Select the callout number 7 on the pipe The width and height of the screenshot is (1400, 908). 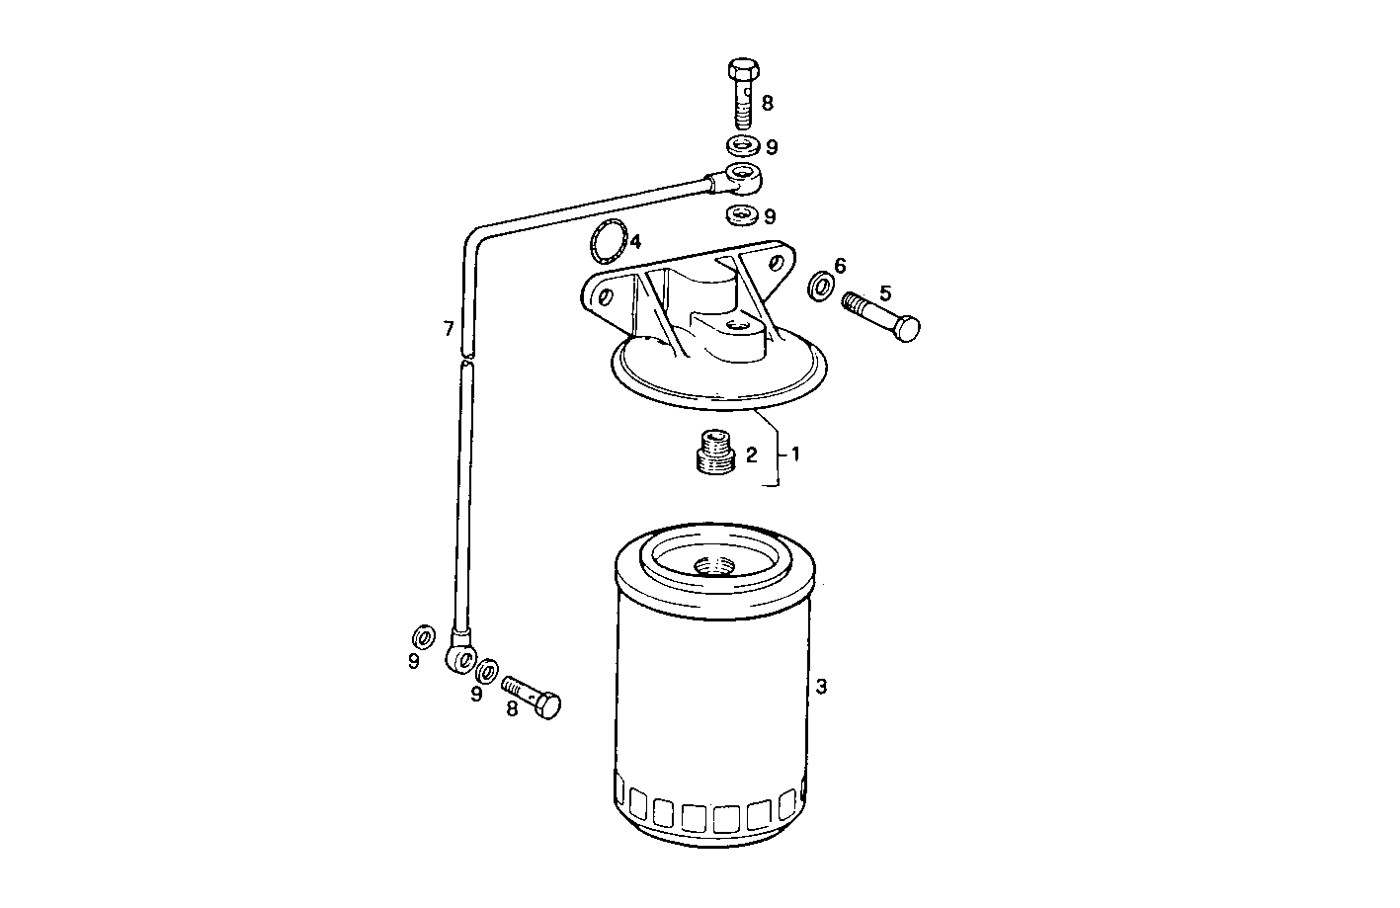[x=449, y=328]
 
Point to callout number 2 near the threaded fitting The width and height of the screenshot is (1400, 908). [x=751, y=454]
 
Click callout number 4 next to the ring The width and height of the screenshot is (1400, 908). [x=636, y=241]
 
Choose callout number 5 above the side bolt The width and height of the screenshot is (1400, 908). [x=884, y=292]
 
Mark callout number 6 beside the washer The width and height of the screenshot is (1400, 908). [x=840, y=265]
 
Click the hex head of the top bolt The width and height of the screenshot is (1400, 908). [x=743, y=71]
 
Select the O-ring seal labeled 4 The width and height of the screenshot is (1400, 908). [x=608, y=240]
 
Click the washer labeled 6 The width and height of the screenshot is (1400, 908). [x=820, y=288]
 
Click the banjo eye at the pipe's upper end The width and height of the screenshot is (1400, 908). [x=742, y=179]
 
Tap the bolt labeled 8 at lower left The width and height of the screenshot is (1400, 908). [x=532, y=695]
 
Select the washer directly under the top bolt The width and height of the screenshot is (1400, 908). [x=742, y=146]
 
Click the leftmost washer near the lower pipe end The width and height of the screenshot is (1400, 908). [x=422, y=632]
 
